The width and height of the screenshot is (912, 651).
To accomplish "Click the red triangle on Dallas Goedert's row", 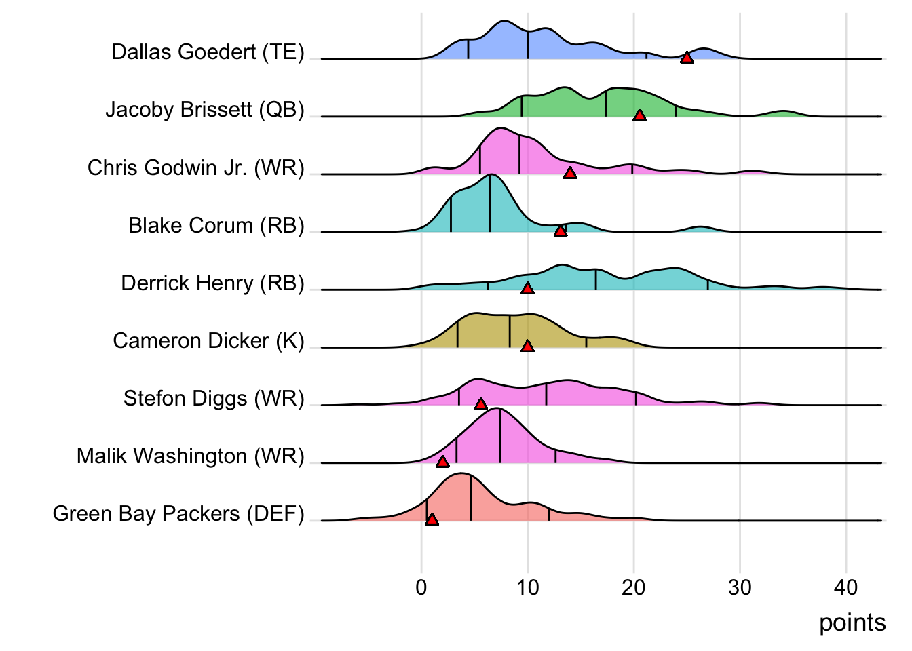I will pyautogui.click(x=687, y=58).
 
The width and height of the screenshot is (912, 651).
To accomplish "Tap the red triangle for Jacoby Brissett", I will pyautogui.click(x=639, y=115).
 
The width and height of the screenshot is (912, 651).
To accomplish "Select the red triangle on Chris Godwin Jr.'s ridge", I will pyautogui.click(x=570, y=173).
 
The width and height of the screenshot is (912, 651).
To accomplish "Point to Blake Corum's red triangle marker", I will pyautogui.click(x=560, y=231).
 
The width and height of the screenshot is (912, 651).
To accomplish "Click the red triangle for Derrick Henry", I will pyautogui.click(x=527, y=288).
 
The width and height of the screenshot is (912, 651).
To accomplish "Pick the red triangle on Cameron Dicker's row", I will pyautogui.click(x=527, y=346).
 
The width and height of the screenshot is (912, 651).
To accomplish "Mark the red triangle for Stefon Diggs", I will pyautogui.click(x=480, y=403).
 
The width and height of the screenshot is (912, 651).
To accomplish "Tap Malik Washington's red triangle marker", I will pyautogui.click(x=442, y=462).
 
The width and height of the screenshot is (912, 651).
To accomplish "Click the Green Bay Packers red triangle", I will pyautogui.click(x=432, y=519).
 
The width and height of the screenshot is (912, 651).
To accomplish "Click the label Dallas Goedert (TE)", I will pyautogui.click(x=208, y=52).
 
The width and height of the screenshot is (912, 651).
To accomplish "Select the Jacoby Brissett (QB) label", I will pyautogui.click(x=204, y=109).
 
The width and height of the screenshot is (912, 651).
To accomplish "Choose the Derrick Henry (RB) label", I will pyautogui.click(x=212, y=283).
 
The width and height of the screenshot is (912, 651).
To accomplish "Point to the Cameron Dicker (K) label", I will pyautogui.click(x=208, y=340).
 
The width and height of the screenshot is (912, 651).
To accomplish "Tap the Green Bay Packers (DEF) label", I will pyautogui.click(x=178, y=513).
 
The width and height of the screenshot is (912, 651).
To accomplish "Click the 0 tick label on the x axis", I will pyautogui.click(x=421, y=587).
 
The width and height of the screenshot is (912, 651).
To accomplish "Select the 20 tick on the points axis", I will pyautogui.click(x=634, y=587).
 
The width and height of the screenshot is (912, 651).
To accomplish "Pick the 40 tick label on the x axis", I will pyautogui.click(x=846, y=587).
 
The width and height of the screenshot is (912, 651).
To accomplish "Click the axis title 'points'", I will pyautogui.click(x=852, y=623).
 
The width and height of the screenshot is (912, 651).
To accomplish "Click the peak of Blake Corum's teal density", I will pyautogui.click(x=491, y=176).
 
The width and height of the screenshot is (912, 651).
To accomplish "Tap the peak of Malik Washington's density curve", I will pyautogui.click(x=499, y=409).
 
